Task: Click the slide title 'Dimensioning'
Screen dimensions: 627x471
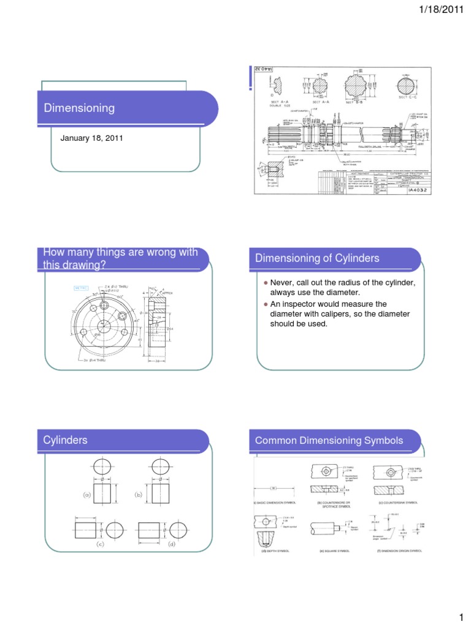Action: coord(79,108)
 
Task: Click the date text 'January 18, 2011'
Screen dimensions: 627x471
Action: coord(91,138)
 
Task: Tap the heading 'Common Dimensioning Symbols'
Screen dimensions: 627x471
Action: coord(330,440)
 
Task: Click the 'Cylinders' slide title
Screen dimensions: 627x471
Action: coord(66,440)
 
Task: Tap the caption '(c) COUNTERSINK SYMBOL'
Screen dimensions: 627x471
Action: coord(398,502)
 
